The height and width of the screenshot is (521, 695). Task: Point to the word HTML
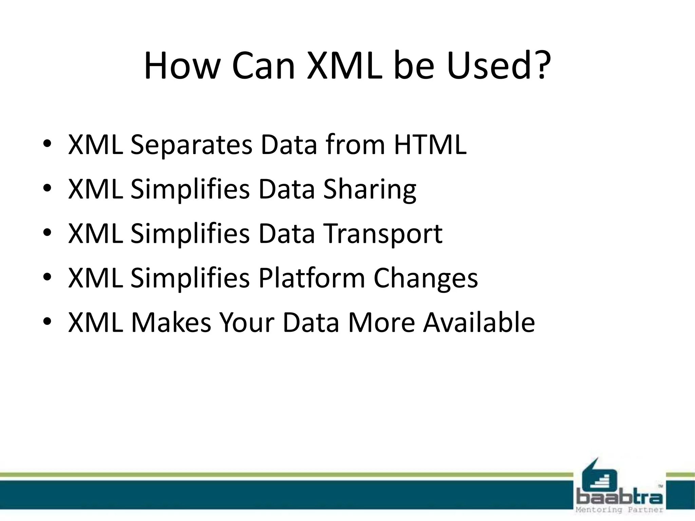430,144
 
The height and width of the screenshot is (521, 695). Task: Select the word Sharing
370,190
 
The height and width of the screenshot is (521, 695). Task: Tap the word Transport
383,234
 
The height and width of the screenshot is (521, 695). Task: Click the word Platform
312,278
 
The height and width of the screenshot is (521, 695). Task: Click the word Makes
171,322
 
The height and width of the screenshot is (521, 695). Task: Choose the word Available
479,322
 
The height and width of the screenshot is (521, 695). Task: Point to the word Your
247,322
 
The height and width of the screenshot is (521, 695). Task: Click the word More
381,322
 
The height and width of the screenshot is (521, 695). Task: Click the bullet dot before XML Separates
47,144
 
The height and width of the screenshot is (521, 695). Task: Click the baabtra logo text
619,498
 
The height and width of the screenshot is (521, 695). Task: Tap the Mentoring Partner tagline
619,510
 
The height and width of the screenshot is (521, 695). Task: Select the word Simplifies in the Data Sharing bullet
190,190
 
